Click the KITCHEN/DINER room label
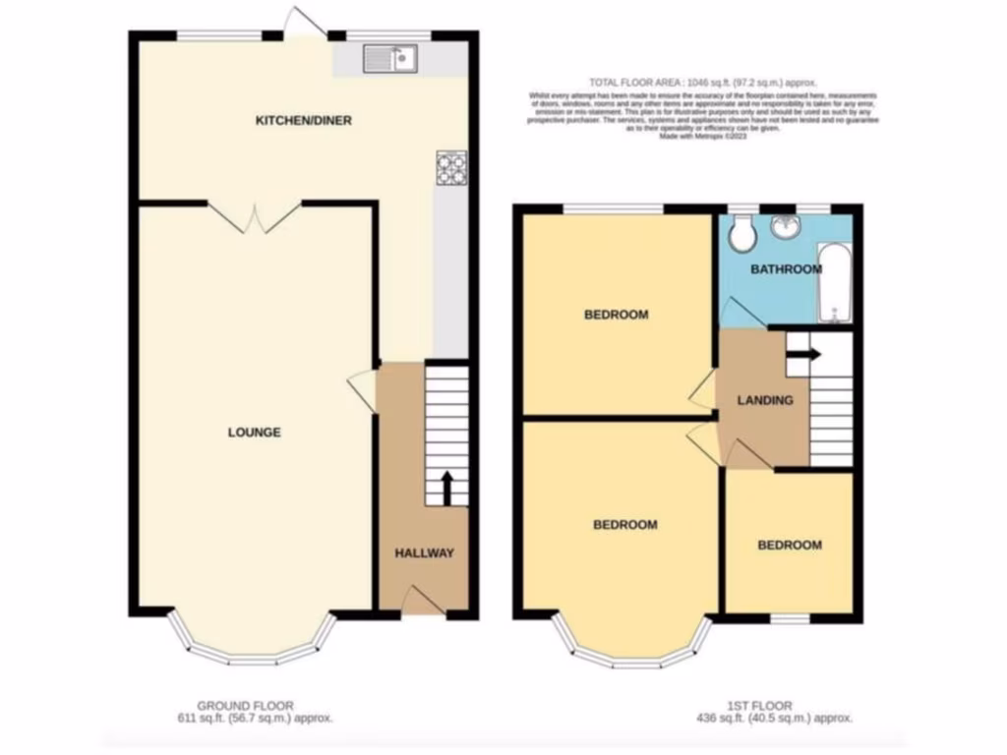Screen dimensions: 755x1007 tap(304, 121)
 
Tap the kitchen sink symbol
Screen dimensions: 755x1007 tap(391, 59)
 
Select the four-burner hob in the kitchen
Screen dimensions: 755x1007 tap(451, 167)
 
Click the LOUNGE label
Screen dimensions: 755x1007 tap(255, 433)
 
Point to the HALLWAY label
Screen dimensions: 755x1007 tap(425, 553)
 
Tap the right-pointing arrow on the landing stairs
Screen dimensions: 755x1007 tap(806, 355)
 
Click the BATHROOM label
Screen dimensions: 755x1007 tap(786, 269)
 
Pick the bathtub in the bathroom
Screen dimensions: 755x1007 tap(835, 285)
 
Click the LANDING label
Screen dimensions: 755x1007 tap(765, 400)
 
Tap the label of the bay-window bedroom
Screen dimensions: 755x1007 tap(624, 525)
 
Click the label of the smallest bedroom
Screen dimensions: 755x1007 tap(790, 545)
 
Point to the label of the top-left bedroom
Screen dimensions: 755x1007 tap(617, 315)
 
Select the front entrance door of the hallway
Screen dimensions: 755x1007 tap(420, 600)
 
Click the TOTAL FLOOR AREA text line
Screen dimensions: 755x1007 tap(702, 83)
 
